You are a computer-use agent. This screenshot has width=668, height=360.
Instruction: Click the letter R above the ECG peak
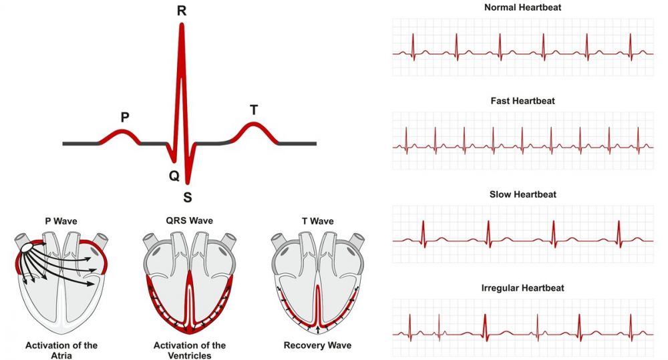(x=181, y=11)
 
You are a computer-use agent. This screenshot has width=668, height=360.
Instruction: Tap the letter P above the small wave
(x=125, y=117)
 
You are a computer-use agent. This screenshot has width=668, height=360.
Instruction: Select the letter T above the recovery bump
(x=253, y=110)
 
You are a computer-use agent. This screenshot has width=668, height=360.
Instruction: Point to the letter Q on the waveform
(x=174, y=175)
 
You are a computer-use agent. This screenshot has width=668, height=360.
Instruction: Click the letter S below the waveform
(x=188, y=197)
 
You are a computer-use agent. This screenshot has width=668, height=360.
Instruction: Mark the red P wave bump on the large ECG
(x=120, y=134)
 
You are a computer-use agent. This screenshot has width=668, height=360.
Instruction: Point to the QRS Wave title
(x=189, y=221)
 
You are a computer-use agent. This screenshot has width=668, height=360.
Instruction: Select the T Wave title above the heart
(x=317, y=221)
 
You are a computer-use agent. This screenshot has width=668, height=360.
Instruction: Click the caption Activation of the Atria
(x=61, y=351)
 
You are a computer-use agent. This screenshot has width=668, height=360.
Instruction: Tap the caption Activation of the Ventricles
(x=189, y=351)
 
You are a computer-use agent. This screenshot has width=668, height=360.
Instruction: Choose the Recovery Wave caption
(x=317, y=346)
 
